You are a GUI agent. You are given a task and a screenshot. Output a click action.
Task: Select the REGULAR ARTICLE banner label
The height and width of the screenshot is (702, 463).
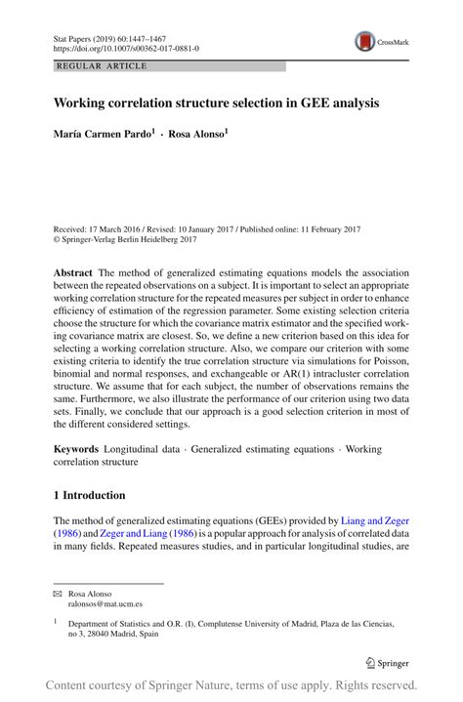[x=103, y=65]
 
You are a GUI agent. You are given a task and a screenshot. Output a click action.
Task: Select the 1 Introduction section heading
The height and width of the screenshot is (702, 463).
[x=89, y=495]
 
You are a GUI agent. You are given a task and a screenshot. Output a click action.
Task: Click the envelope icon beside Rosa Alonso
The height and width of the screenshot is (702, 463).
[x=58, y=594]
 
